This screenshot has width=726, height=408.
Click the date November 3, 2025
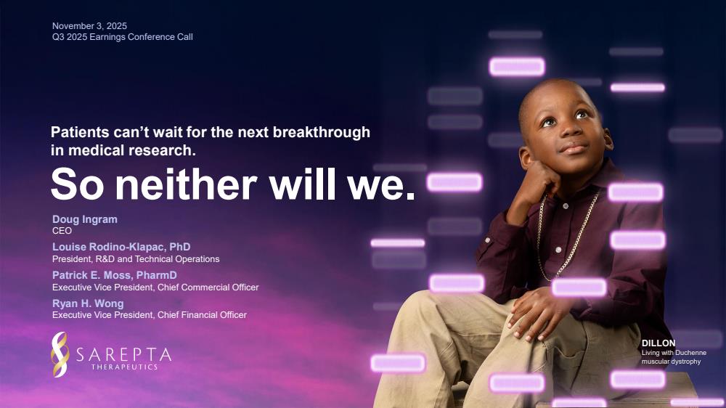coord(89,26)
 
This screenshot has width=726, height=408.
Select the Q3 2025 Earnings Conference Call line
coord(122,37)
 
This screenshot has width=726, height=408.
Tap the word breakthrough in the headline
coord(322,132)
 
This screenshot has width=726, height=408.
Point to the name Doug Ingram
coord(85,219)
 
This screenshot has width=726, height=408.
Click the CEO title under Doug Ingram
coord(62,231)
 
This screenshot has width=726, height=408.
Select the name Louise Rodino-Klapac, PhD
coord(121,247)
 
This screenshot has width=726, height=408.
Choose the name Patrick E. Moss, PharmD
coord(115,275)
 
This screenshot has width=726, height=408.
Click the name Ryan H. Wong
coord(88,303)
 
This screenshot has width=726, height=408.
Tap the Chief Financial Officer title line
coord(149,315)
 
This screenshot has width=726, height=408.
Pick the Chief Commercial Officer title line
coord(155,287)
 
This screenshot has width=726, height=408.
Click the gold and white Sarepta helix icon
coord(60,354)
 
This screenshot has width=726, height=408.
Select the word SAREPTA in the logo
coord(123,355)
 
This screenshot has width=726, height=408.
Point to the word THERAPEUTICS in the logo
coord(125,367)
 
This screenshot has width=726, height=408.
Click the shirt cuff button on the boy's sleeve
coord(487,240)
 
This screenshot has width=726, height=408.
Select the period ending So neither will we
coord(410,195)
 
